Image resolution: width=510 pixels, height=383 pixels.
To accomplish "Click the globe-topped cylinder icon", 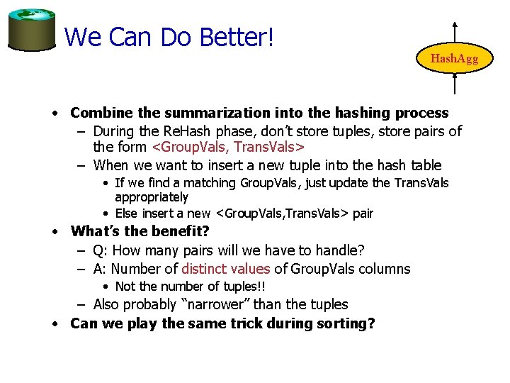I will pos(32,30).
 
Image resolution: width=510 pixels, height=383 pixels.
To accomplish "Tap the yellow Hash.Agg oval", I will pos(454,59).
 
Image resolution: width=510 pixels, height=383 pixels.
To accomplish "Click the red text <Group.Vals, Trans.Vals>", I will pos(229,148).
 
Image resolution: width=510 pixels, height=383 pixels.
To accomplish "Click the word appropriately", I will pos(152,197).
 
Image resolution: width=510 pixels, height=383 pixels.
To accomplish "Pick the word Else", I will pos(126,213).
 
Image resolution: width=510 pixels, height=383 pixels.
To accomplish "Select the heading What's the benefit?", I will pos(140,231).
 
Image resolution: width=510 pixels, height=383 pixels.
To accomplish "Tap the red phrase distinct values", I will pos(226,269).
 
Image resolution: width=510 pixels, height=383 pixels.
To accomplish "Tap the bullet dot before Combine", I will pos(54,113).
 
